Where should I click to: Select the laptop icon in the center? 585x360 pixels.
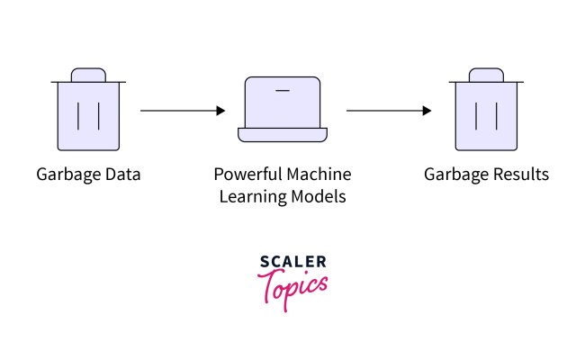point(283,108)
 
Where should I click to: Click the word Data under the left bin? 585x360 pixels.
point(121,174)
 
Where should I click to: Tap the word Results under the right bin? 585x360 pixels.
point(517,174)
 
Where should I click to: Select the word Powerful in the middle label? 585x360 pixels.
point(246,174)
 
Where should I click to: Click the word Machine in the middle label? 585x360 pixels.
point(316,174)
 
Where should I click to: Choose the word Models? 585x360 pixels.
point(316,195)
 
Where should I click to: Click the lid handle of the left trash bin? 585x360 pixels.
point(88,74)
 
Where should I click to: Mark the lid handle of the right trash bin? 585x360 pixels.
point(486,74)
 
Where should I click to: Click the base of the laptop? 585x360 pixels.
point(283,135)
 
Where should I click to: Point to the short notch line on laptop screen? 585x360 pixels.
point(283,90)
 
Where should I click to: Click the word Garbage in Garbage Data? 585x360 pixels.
point(67,174)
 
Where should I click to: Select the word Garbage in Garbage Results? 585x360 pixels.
point(455,174)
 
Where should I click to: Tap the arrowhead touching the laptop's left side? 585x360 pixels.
point(220,111)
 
